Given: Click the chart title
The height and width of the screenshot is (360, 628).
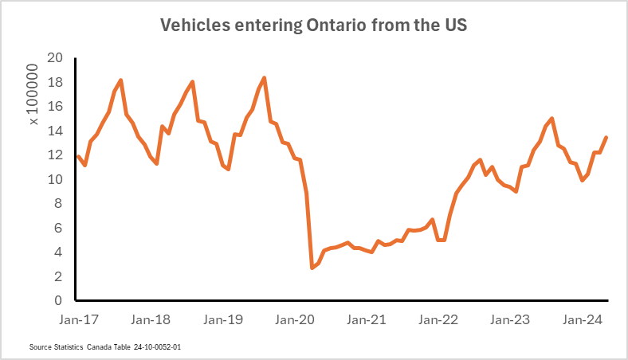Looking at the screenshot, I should click(313, 25).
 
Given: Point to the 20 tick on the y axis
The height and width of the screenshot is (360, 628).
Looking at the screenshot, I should click(55, 58).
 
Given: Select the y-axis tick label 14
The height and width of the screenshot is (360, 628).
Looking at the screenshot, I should click(55, 131).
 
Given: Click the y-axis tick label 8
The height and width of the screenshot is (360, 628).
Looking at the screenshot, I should click(58, 204).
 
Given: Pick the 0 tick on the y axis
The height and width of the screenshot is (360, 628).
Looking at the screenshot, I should click(58, 301).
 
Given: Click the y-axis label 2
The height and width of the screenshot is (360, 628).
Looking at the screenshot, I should click(58, 276).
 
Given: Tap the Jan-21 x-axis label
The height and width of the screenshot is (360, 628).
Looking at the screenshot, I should click(367, 320).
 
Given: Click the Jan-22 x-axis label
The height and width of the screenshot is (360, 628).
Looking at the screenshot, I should click(438, 320).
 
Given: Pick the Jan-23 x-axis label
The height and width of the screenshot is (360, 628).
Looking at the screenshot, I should click(511, 320).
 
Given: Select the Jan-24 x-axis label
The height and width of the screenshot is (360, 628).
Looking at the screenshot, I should click(583, 320).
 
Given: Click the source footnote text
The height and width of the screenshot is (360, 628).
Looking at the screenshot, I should click(110, 348).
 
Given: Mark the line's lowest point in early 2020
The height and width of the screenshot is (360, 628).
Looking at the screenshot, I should click(312, 268).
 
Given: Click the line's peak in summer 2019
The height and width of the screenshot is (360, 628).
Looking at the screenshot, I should click(264, 78).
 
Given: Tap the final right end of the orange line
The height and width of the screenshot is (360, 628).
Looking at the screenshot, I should click(606, 138).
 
